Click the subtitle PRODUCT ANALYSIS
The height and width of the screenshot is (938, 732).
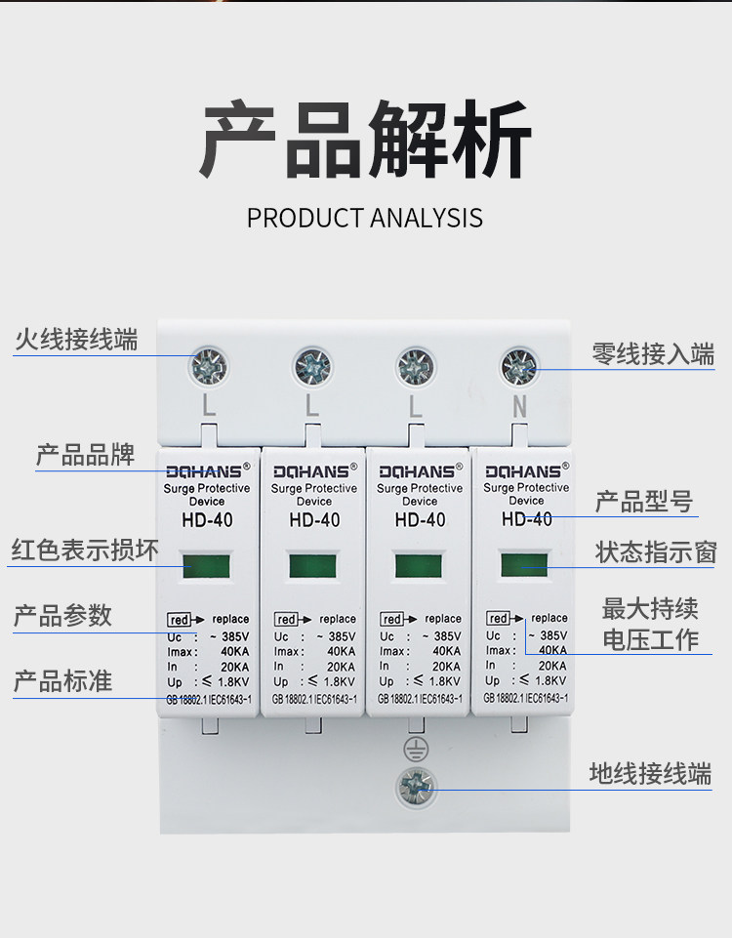(x=365, y=217)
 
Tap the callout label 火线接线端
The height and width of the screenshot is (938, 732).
(x=76, y=340)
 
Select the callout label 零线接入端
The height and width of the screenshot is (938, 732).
(x=653, y=353)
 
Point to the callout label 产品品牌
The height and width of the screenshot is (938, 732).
(x=86, y=456)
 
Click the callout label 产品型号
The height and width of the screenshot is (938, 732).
(x=644, y=502)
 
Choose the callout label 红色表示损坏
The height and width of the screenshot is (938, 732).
(x=85, y=550)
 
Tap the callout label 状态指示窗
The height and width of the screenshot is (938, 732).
(x=656, y=551)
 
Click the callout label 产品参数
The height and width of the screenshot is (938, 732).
(x=62, y=616)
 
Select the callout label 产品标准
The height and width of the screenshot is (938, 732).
(x=62, y=680)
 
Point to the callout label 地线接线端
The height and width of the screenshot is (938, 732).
(x=650, y=774)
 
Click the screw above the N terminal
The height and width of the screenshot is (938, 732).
(x=519, y=367)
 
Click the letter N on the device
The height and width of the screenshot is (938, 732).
(x=519, y=407)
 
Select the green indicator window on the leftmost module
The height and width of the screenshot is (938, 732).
(x=206, y=565)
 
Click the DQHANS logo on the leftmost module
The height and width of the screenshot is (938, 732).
(x=207, y=471)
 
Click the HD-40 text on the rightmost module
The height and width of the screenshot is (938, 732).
(x=527, y=518)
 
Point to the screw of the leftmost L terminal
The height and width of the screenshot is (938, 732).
(x=208, y=365)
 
